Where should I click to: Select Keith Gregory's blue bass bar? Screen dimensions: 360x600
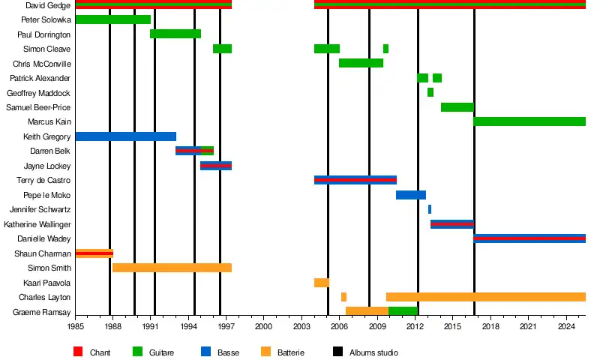pos(125,136)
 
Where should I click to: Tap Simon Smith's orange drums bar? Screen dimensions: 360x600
pos(172,268)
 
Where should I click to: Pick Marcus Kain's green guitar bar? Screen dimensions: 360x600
pos(529,121)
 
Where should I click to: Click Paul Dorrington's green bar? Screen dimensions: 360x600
pos(175,34)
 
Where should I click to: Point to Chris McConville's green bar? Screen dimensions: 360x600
pos(361,63)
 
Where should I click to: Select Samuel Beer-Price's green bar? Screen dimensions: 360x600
pos(457,107)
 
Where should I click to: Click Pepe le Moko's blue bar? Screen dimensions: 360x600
pos(411,195)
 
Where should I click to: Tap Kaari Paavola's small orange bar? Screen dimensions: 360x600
pos(321,283)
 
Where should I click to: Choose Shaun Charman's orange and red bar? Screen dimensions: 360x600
pos(94,253)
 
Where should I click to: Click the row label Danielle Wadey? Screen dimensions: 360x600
pos(44,239)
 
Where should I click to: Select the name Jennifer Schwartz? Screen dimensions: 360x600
pos(40,210)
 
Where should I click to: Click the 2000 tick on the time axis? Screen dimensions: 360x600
pos(264,326)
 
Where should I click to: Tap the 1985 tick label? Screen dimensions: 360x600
pos(76,326)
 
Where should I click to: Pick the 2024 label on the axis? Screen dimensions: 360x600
pos(567,326)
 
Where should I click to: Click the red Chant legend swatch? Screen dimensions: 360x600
pos(78,352)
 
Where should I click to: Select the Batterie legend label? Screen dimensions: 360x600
pos(291,352)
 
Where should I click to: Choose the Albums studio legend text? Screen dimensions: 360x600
pos(373,352)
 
